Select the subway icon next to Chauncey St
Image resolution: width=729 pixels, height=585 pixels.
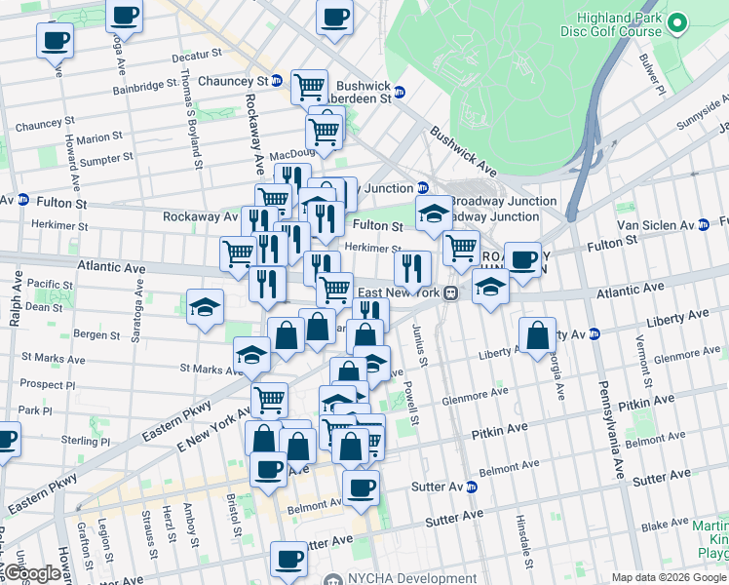pos(278,81)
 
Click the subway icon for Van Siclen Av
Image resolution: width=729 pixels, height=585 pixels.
pos(704,224)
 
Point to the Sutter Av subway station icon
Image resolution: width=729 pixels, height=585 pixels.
pos(472,487)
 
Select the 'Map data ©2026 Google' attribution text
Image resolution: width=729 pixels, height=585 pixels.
pos(670,577)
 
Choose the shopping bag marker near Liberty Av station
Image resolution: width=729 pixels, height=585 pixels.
pos(538,336)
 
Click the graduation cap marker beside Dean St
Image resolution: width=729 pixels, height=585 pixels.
pos(206,308)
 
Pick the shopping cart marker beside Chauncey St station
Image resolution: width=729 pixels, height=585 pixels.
pos(309,87)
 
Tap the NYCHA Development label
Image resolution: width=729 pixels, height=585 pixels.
pos(402,578)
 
